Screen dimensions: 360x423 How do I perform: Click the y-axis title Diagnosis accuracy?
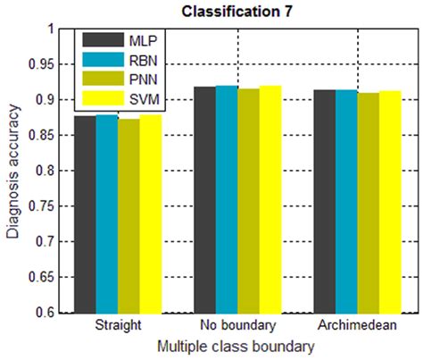pyautogui.click(x=12, y=170)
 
